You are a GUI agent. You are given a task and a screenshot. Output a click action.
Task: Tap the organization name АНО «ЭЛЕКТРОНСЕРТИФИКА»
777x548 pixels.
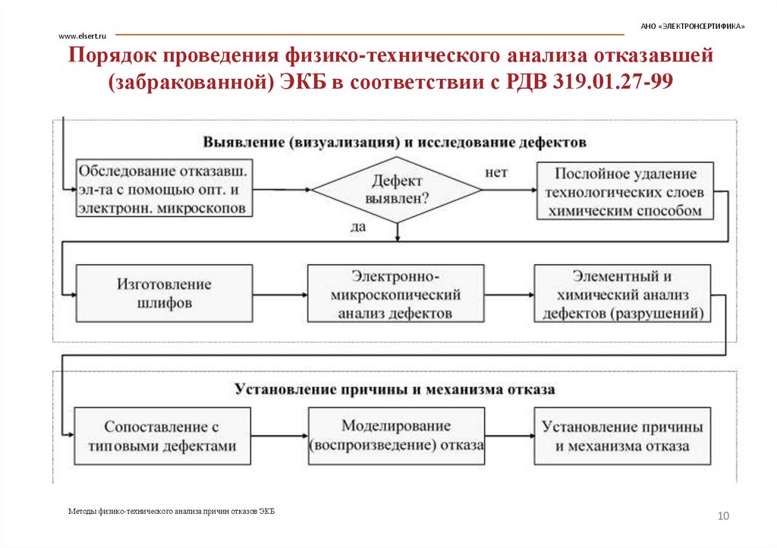(692, 26)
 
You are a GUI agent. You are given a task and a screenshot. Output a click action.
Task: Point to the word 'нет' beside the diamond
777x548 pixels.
(495, 172)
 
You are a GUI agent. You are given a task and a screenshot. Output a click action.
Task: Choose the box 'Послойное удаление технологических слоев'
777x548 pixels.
(624, 192)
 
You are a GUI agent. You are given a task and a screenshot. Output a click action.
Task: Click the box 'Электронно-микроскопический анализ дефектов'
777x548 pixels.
(395, 294)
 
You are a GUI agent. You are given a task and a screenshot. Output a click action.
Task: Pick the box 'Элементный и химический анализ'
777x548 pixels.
(623, 294)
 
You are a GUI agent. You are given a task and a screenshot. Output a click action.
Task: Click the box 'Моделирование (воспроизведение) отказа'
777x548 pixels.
(396, 436)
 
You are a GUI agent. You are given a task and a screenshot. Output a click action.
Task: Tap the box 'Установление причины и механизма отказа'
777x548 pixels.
(622, 436)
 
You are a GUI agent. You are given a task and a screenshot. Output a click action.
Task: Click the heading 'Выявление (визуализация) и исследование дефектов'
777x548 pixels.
(395, 142)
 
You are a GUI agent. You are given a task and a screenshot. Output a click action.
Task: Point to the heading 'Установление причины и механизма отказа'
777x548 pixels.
(395, 389)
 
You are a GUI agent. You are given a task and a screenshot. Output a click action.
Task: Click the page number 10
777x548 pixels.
(722, 516)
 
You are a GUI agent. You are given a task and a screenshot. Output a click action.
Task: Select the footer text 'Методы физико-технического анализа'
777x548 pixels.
(171, 512)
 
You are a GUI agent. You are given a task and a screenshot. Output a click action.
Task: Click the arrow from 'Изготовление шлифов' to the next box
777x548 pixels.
(280, 294)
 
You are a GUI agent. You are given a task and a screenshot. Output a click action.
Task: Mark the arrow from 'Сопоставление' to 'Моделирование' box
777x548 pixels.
(281, 436)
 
